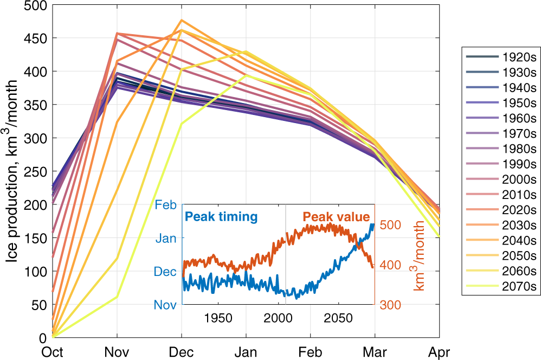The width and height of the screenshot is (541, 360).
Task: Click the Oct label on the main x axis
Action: [53, 352]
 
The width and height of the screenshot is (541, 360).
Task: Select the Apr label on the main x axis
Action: [440, 352]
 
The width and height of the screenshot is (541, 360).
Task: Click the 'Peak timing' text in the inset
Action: [221, 217]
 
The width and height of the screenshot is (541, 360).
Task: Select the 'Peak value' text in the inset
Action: [336, 217]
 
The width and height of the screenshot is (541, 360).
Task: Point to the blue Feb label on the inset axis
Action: [166, 205]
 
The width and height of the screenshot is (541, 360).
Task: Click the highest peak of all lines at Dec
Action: [182, 20]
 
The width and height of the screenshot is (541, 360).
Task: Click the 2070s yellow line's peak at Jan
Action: [246, 75]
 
